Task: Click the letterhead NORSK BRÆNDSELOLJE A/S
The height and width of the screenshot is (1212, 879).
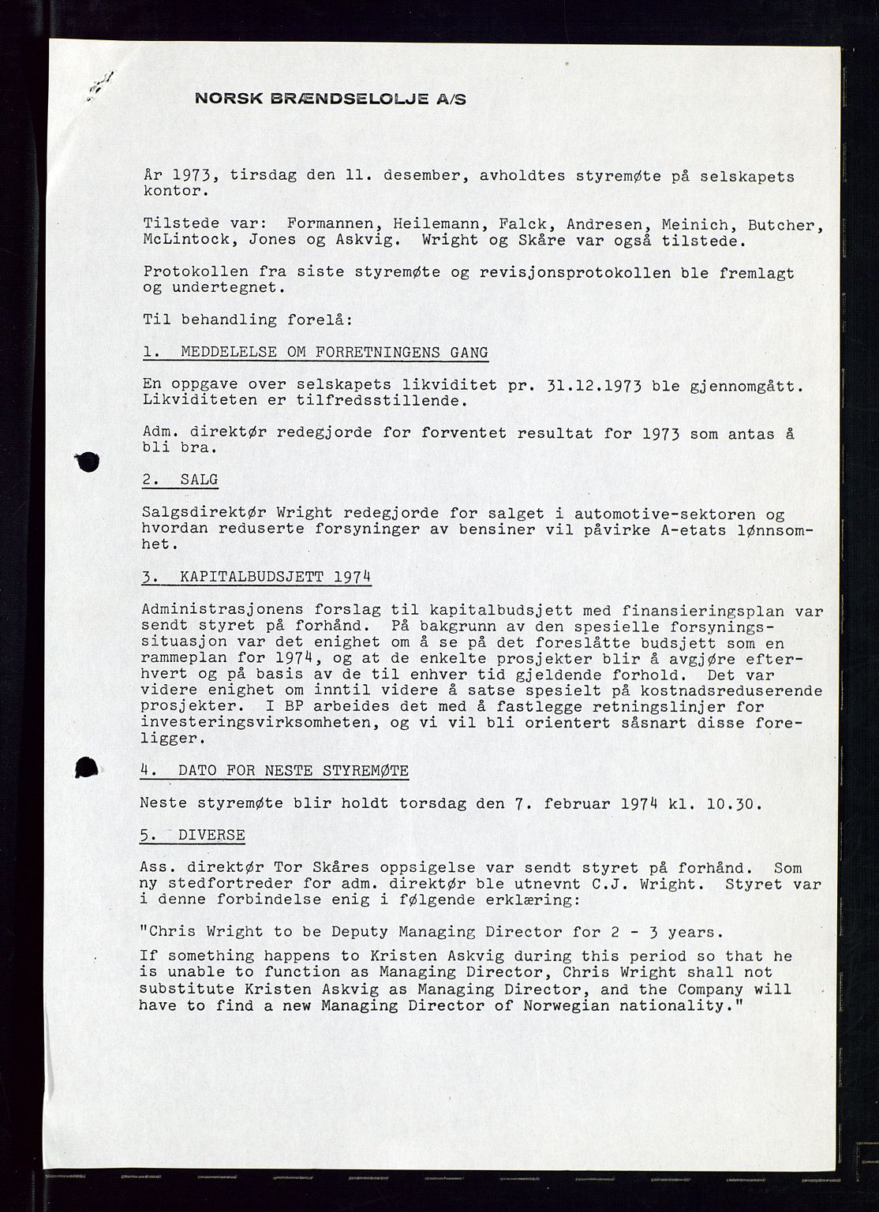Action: [331, 99]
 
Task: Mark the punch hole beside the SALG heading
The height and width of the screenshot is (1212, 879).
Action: [88, 462]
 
